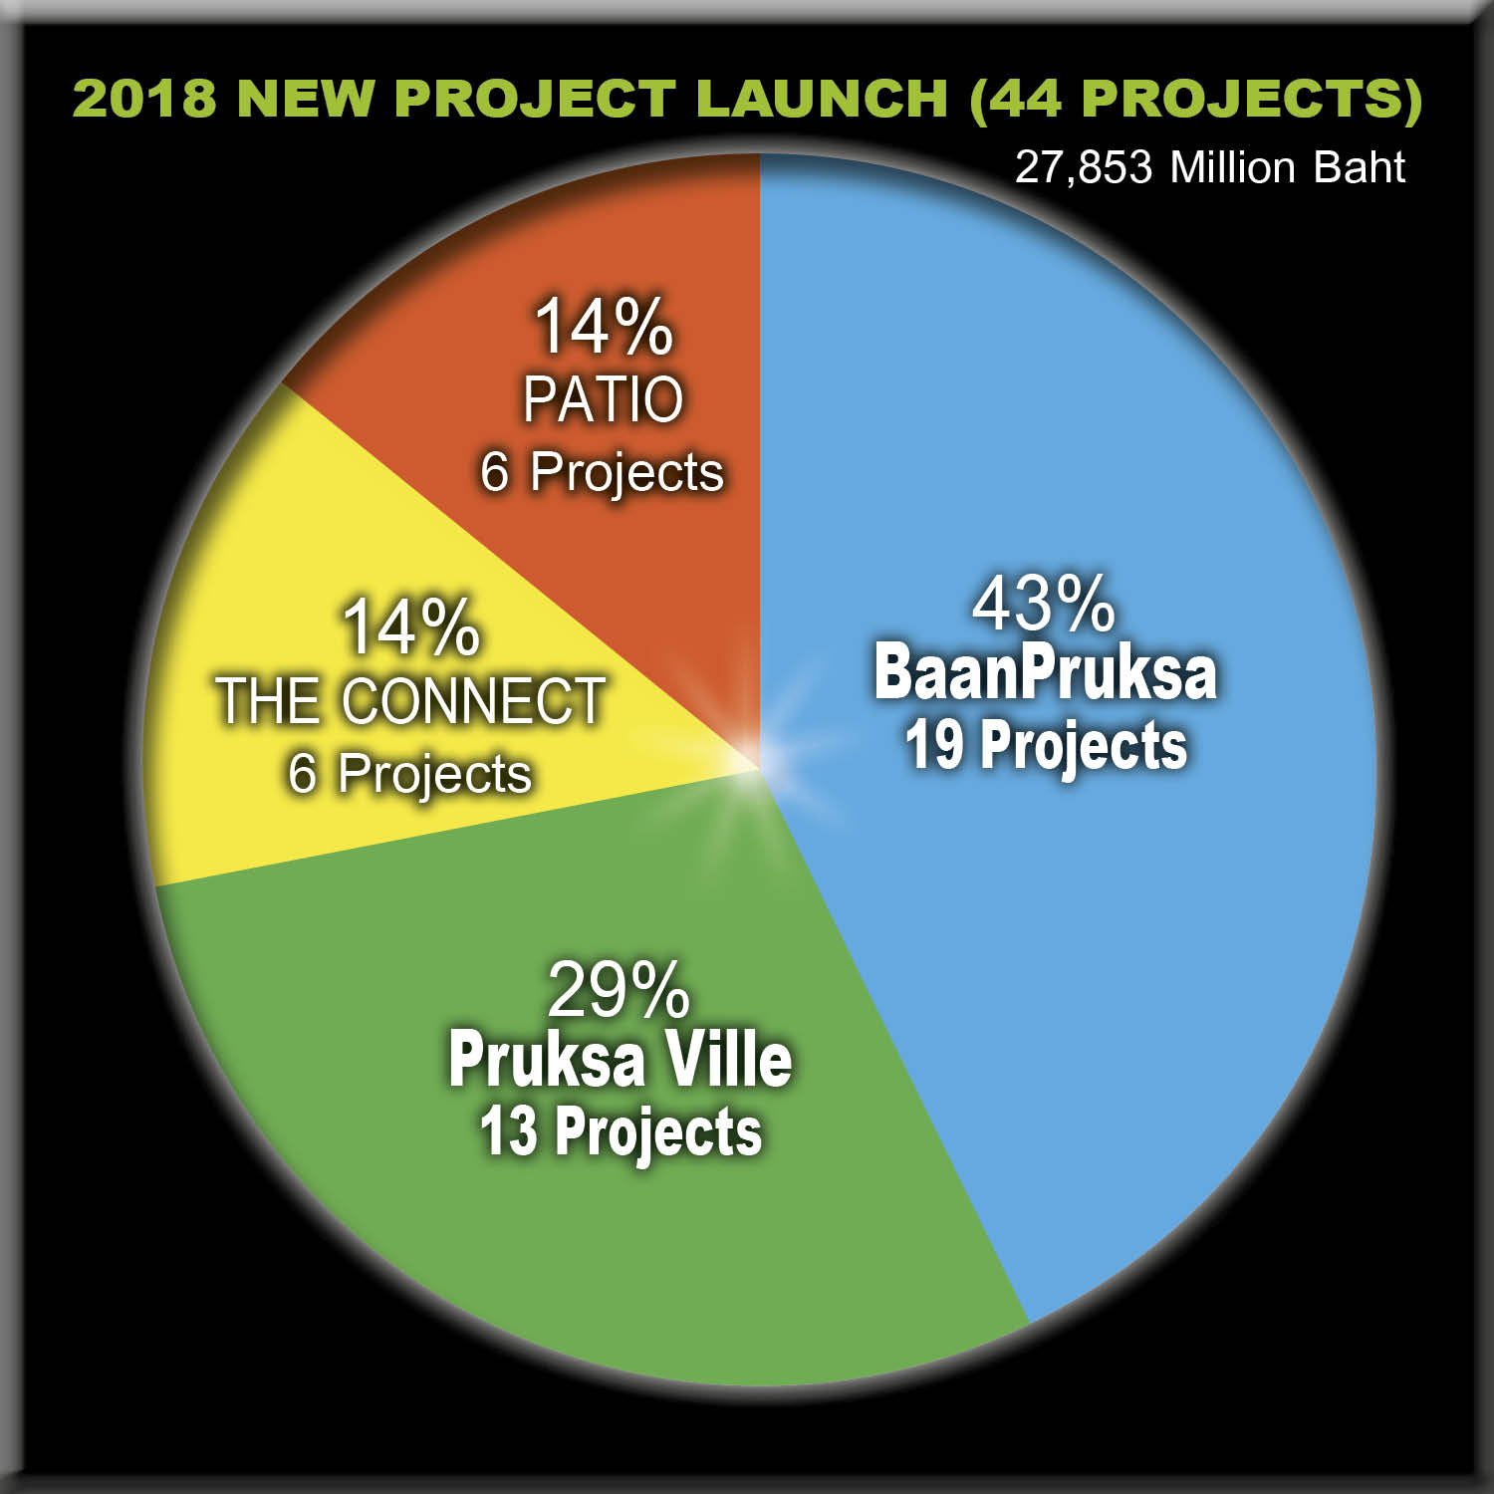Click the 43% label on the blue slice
coord(1043,605)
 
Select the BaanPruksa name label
coord(1046,673)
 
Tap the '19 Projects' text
coord(1046,746)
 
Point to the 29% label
coord(619,990)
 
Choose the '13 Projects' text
coord(621,1132)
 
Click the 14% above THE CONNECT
coord(410,627)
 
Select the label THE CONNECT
coord(410,700)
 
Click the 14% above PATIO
coord(604,327)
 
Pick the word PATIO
coord(604,399)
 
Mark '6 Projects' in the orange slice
coord(602,472)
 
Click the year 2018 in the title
coord(144,98)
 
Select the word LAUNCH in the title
coord(822,98)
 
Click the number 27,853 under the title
coord(1084,167)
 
